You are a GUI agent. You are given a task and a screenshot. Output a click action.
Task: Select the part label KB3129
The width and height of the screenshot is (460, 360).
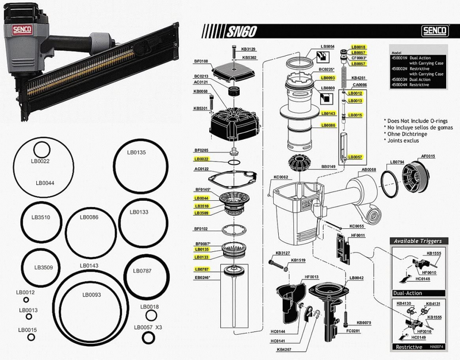(x=249, y=49)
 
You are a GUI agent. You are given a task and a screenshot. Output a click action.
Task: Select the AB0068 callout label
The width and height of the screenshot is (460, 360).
(x=368, y=170)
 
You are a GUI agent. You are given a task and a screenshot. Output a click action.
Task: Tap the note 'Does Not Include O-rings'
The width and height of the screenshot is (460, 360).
(x=418, y=120)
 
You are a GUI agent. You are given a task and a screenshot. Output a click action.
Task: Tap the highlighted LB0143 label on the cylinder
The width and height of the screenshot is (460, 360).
(x=328, y=114)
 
